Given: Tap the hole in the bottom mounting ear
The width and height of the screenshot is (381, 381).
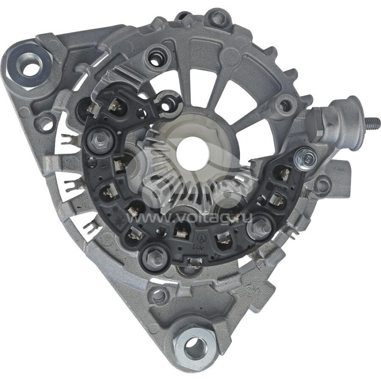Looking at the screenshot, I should pos(196,348).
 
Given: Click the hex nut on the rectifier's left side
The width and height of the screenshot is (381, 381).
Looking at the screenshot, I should pos(100,139).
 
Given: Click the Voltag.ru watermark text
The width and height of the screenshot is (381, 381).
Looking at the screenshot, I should pos(190,218).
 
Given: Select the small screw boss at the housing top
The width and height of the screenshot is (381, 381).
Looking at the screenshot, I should pos(218,19).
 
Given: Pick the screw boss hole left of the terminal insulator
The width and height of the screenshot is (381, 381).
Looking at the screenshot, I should pos(286,105).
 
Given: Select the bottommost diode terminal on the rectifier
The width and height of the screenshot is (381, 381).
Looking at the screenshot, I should pos(194,262).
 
